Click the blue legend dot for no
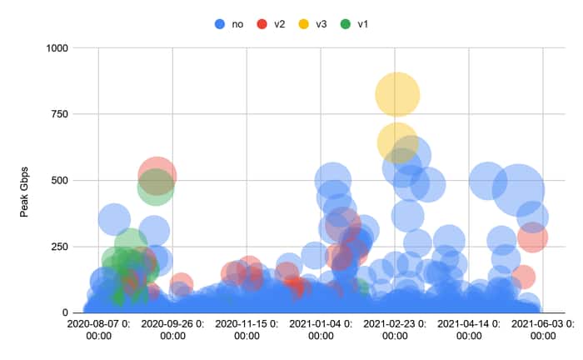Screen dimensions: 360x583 tap(219, 24)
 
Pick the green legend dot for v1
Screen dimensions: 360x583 tap(346, 24)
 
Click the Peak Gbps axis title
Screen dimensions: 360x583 tap(25, 180)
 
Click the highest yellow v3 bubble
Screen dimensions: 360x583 tap(397, 94)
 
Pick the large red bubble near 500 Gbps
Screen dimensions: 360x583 tap(157, 175)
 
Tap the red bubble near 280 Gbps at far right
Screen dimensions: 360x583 tap(531, 237)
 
